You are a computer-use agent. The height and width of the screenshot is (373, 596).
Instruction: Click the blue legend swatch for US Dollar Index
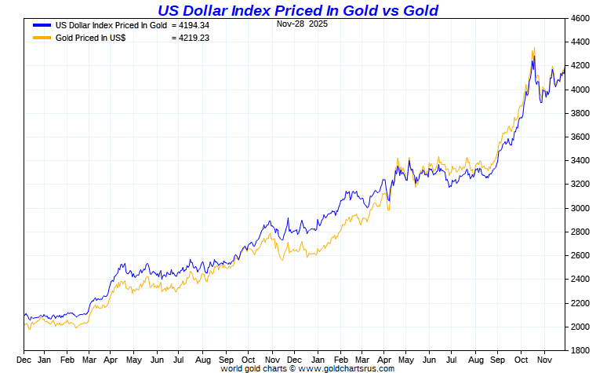(42, 25)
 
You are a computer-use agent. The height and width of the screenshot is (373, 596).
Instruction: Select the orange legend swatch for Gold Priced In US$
(42, 37)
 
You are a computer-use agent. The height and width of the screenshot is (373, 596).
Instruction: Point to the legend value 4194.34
(190, 25)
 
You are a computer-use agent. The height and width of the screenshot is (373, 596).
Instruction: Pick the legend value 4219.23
(190, 37)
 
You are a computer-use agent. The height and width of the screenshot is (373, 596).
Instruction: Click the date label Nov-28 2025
(303, 24)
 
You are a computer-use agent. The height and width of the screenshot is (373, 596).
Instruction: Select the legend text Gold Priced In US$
(91, 37)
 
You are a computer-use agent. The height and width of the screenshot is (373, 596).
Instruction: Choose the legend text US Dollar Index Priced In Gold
(111, 25)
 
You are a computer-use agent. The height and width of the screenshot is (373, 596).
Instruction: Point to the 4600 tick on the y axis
(580, 18)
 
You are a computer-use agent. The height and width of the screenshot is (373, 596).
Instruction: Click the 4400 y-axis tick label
(580, 42)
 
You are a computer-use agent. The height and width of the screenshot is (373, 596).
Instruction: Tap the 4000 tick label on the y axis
(580, 90)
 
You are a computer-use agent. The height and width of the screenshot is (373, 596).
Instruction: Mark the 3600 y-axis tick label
(580, 137)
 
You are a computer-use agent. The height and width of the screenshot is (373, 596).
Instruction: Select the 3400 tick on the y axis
(580, 160)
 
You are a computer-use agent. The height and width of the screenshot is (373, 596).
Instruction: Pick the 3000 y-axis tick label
(580, 208)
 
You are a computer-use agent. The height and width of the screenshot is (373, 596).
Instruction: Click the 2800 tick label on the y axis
(580, 232)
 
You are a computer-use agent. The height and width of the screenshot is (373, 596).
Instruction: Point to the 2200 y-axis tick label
(580, 302)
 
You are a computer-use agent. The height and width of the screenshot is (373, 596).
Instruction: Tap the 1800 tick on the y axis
(580, 350)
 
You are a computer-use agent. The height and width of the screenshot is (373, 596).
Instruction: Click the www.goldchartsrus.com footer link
(349, 368)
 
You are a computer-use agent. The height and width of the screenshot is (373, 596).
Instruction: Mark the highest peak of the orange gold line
(534, 48)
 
